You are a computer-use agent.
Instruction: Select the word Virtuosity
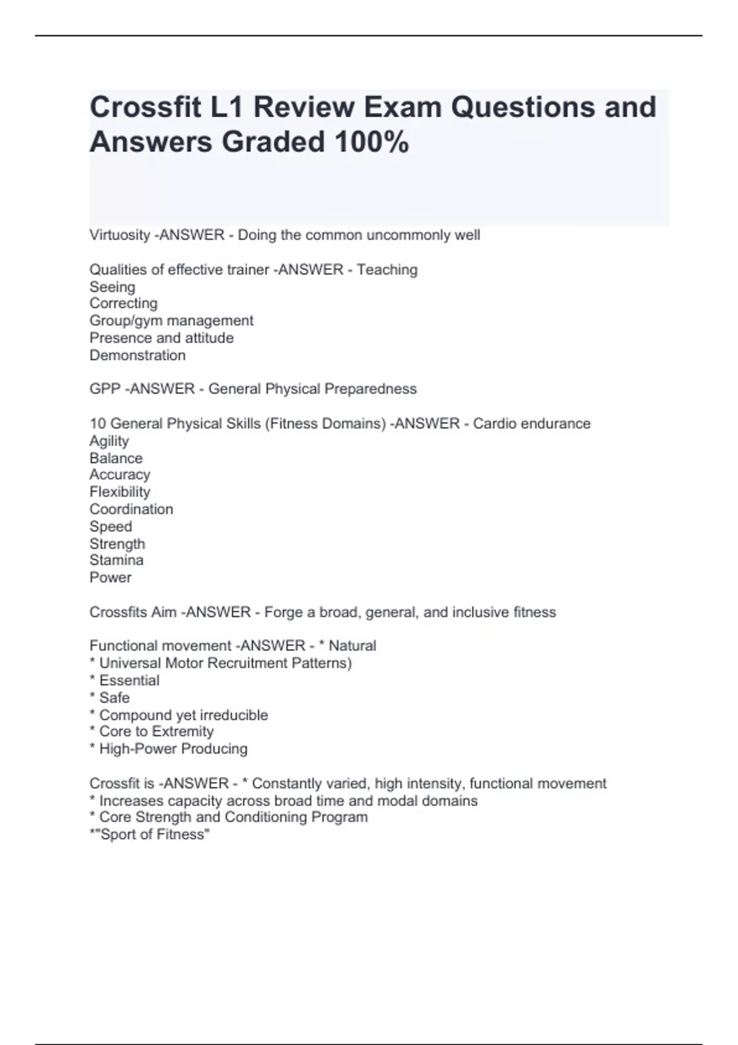(x=120, y=235)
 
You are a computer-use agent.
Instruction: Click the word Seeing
(x=113, y=287)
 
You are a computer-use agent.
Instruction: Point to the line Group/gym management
(x=171, y=321)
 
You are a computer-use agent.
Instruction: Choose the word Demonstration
(x=137, y=355)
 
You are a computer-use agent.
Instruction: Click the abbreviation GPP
(x=105, y=389)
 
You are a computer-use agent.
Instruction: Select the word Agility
(x=109, y=441)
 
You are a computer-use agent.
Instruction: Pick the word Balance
(x=116, y=458)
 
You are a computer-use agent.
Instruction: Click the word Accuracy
(x=120, y=475)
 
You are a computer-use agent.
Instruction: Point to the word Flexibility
(x=120, y=492)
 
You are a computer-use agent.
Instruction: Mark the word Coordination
(x=131, y=509)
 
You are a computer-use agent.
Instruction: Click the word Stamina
(x=116, y=560)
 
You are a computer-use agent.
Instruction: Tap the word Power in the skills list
(x=111, y=577)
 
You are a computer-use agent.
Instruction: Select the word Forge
(x=282, y=612)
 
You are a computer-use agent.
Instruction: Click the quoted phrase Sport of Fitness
(x=154, y=834)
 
